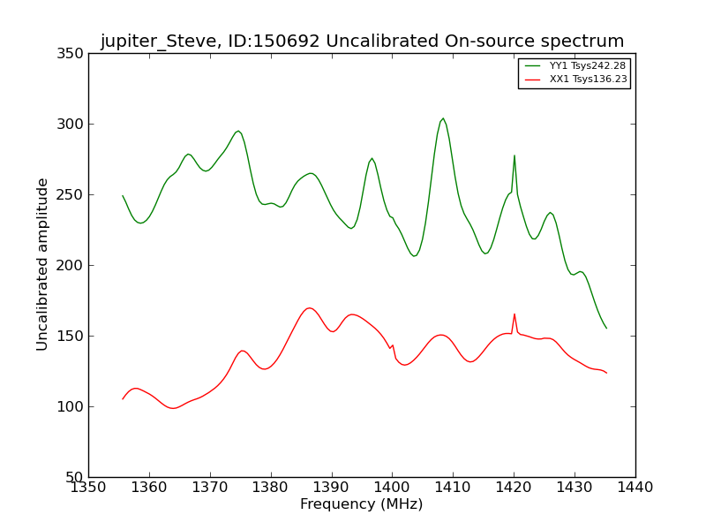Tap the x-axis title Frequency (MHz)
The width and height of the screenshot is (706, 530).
(362, 504)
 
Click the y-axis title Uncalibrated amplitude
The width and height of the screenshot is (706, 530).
(43, 264)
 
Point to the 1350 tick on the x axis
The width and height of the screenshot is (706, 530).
(88, 487)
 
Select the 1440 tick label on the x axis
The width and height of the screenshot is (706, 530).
(635, 487)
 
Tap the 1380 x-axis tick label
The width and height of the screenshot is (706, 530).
(270, 487)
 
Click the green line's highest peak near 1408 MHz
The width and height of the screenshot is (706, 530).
(443, 118)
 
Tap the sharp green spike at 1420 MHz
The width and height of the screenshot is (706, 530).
(514, 155)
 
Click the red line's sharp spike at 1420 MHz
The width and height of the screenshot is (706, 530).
(514, 314)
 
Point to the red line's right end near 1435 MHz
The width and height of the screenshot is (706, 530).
(606, 373)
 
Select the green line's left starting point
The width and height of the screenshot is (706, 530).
(123, 196)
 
